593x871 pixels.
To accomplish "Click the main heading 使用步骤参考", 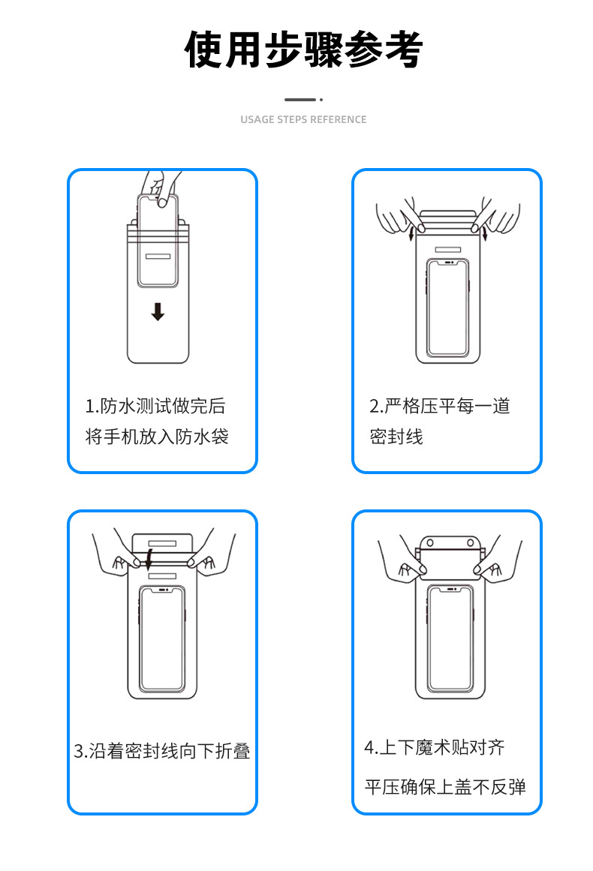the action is point(304,50).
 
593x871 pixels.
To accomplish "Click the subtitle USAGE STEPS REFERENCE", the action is point(303,119).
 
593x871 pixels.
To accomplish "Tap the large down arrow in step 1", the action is point(158,311).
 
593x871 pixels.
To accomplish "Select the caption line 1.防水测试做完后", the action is point(155,407).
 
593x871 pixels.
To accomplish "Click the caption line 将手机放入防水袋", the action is point(157,437).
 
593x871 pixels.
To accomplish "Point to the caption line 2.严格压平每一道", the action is point(440,407).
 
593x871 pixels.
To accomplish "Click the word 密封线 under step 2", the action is point(396,437).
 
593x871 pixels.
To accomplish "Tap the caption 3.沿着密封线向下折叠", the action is point(162,751).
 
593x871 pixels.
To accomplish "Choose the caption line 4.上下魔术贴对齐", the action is point(435,747).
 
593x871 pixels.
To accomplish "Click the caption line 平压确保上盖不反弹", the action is point(445,787).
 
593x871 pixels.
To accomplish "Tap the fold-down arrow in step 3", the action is point(150,558).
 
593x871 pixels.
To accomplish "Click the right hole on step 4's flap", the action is point(470,542).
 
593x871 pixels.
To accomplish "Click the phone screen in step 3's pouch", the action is point(162,638).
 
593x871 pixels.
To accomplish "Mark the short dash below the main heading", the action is point(300,99).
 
